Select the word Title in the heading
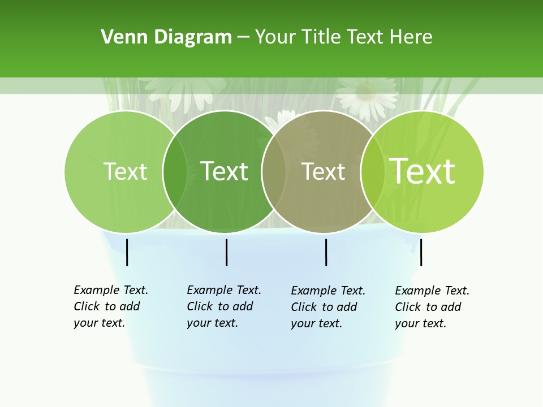[x=322, y=37]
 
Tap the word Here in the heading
[x=411, y=37]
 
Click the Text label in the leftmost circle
[x=125, y=171]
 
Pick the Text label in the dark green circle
[x=224, y=171]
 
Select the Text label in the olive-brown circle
[x=323, y=171]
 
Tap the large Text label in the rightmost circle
[x=422, y=171]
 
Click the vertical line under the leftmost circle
[x=127, y=252]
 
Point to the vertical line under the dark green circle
[x=226, y=252]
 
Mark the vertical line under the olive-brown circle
[x=326, y=252]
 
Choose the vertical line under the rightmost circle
[x=421, y=252]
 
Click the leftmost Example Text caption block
[x=110, y=306]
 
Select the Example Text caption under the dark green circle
[x=223, y=306]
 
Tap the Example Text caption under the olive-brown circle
[x=327, y=307]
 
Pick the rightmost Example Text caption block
[x=432, y=307]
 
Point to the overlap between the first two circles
[x=175, y=171]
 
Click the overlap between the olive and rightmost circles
[x=370, y=171]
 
